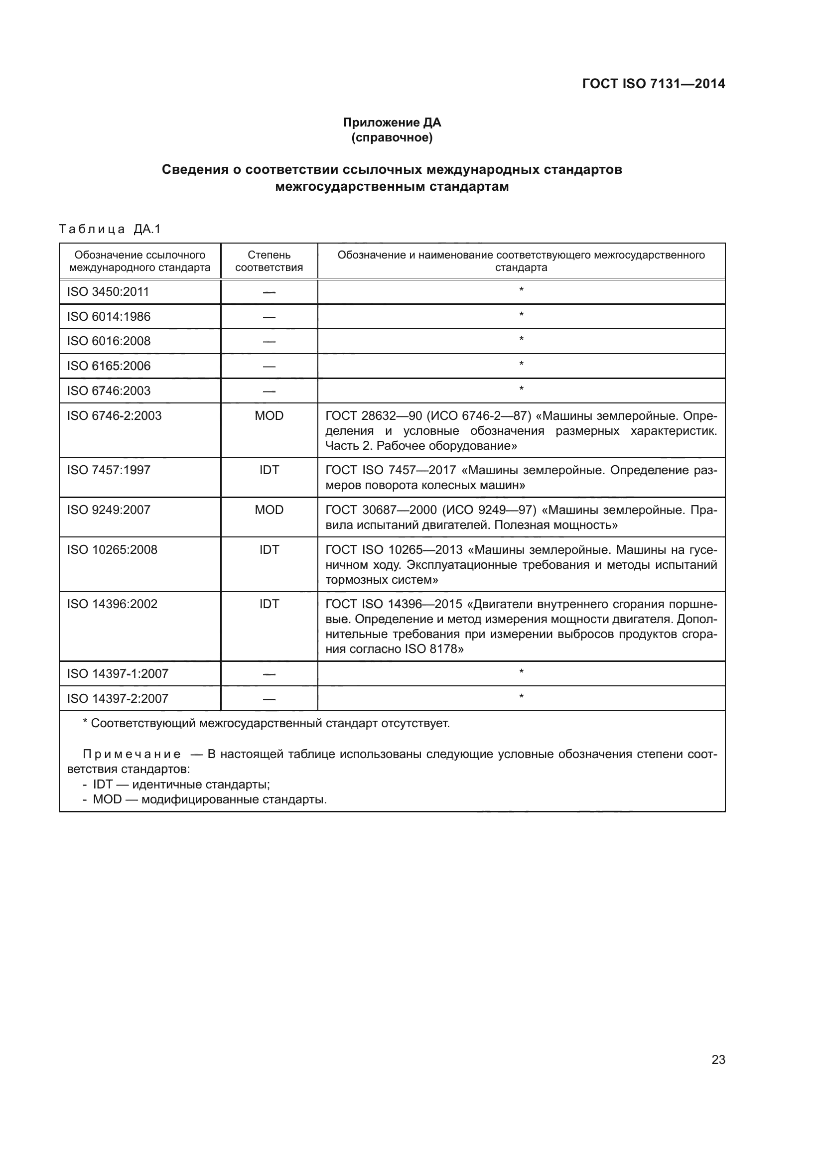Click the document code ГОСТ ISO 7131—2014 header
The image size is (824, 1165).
pyautogui.click(x=653, y=84)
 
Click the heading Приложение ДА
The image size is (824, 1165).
pyautogui.click(x=392, y=123)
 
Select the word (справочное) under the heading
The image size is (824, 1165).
pyautogui.click(x=392, y=137)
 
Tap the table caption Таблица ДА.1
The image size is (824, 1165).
pyautogui.click(x=110, y=229)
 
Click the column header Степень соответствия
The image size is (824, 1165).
pyautogui.click(x=269, y=261)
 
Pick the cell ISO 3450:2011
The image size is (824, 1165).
pyautogui.click(x=108, y=292)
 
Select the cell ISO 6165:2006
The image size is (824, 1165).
pyautogui.click(x=109, y=366)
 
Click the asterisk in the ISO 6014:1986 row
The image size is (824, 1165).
pyautogui.click(x=521, y=315)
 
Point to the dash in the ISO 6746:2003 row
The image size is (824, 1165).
pyautogui.click(x=269, y=391)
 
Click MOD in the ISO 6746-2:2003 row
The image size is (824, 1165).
pyautogui.click(x=269, y=415)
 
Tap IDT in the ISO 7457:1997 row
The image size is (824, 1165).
pyautogui.click(x=269, y=470)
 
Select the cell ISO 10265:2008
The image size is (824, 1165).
pyautogui.click(x=112, y=549)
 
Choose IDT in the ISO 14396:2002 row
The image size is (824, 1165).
pyautogui.click(x=269, y=604)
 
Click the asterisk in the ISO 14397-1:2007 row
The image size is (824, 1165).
pyautogui.click(x=521, y=672)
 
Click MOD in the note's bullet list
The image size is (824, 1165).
pyautogui.click(x=107, y=800)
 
